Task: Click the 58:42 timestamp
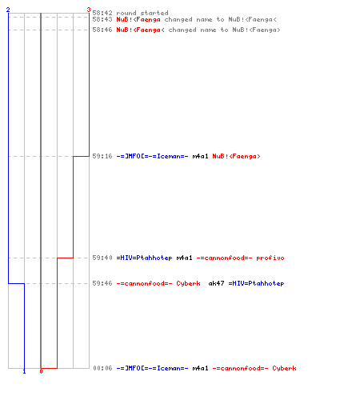pyautogui.click(x=102, y=13)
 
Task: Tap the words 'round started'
pyautogui.click(x=142, y=13)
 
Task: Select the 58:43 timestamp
pyautogui.click(x=102, y=19)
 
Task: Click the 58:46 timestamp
pyautogui.click(x=102, y=30)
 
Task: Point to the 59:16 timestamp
pyautogui.click(x=102, y=156)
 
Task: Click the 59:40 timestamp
pyautogui.click(x=102, y=258)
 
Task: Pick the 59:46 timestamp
pyautogui.click(x=102, y=283)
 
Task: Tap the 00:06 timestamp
pyautogui.click(x=102, y=368)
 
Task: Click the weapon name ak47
pyautogui.click(x=216, y=283)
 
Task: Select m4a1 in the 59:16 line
pyautogui.click(x=200, y=156)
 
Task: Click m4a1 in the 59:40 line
pyautogui.click(x=184, y=258)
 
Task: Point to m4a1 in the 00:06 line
pyautogui.click(x=200, y=368)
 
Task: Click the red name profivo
pyautogui.click(x=270, y=258)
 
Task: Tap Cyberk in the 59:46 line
pyautogui.click(x=188, y=283)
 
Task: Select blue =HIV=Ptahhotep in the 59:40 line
pyautogui.click(x=144, y=258)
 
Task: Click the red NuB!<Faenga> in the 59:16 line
pyautogui.click(x=236, y=156)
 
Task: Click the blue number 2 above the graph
pyautogui.click(x=8, y=10)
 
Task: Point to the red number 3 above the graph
pyautogui.click(x=89, y=10)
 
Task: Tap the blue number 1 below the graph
pyautogui.click(x=24, y=371)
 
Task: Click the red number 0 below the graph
pyautogui.click(x=41, y=371)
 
